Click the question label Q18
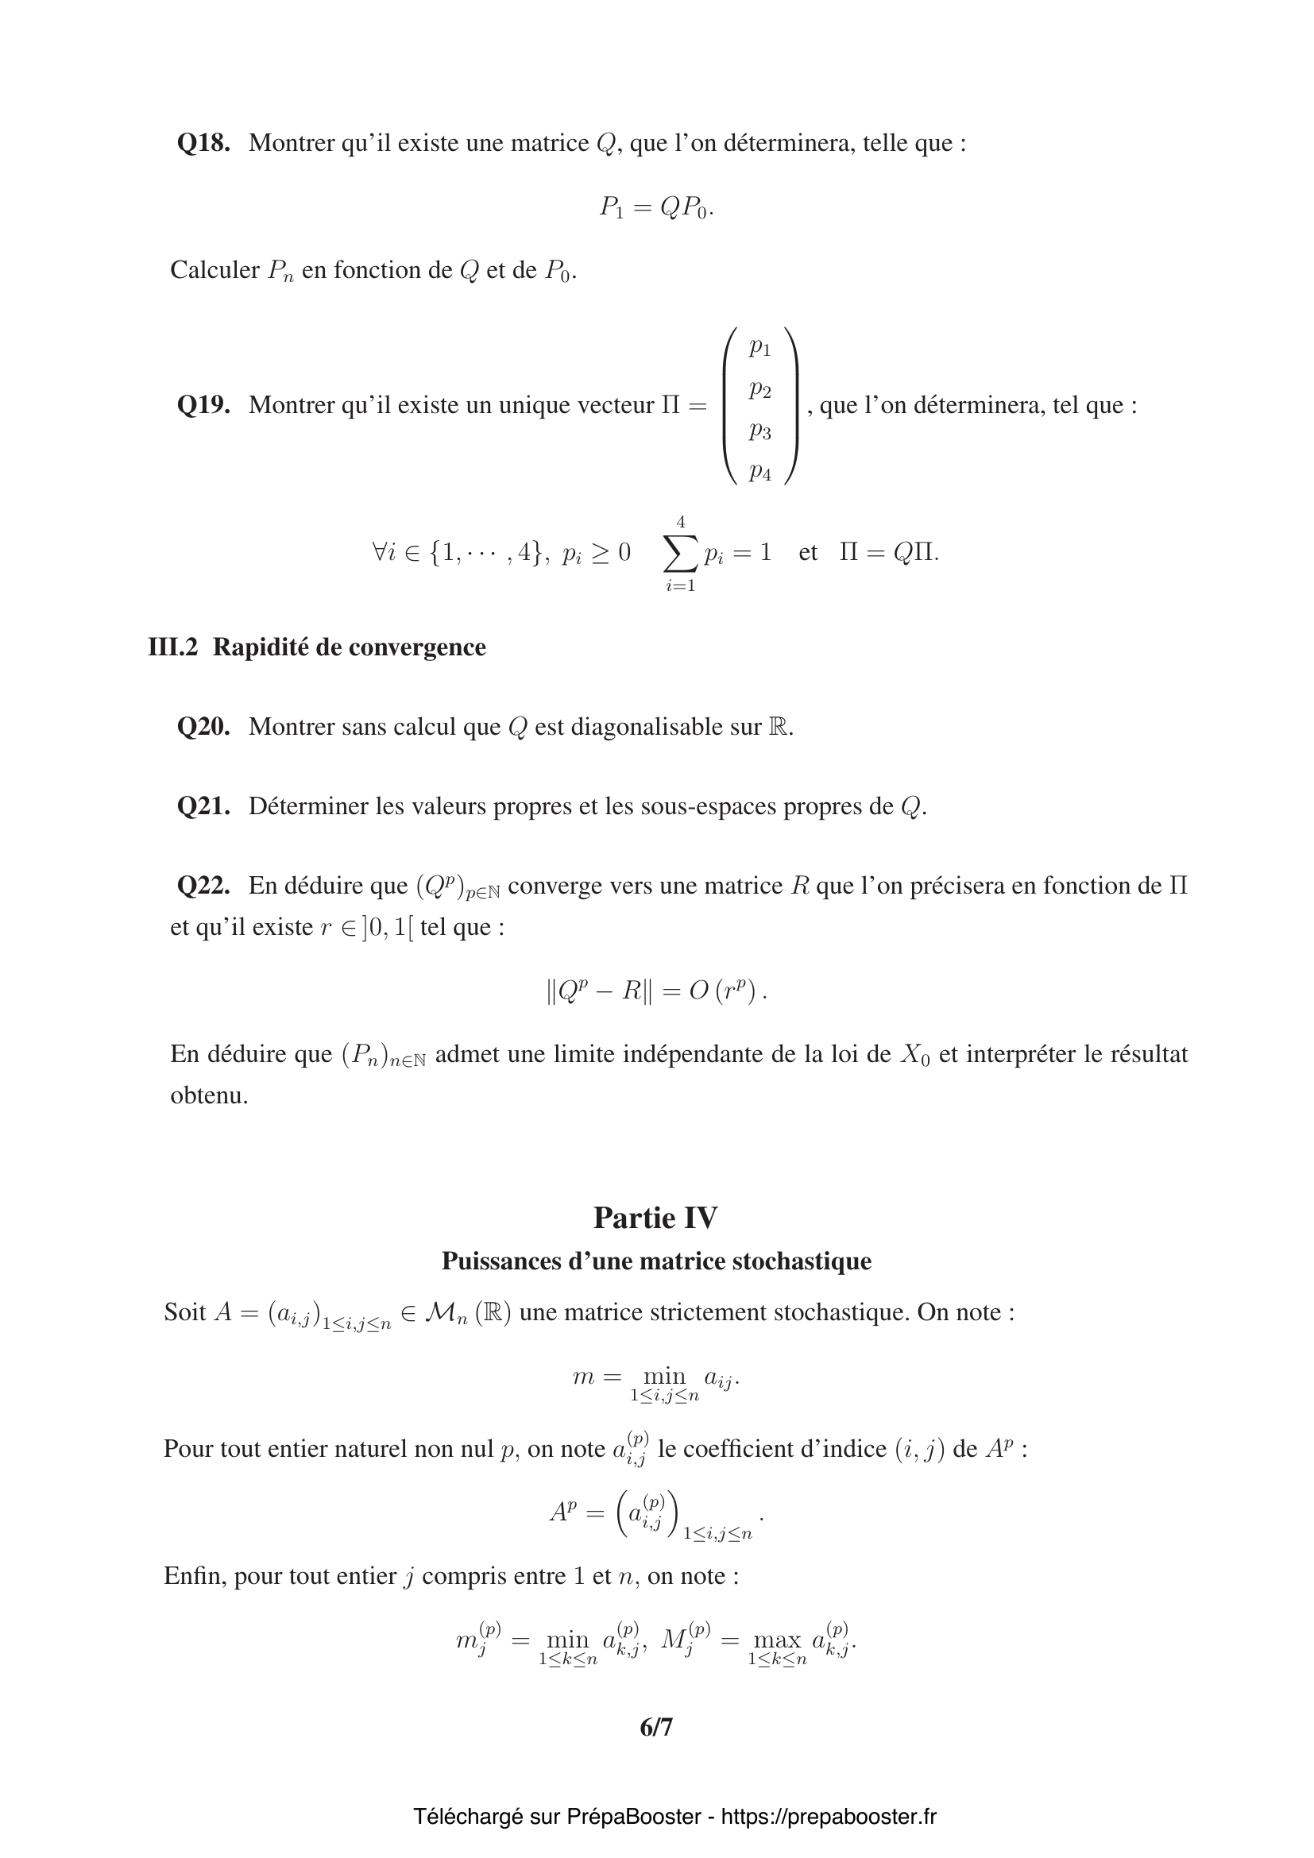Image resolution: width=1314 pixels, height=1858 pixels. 203,143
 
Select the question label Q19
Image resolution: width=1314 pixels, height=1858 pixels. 203,404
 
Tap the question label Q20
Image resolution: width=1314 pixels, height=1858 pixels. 203,727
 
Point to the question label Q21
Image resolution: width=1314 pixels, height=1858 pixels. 203,806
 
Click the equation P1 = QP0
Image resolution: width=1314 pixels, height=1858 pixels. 656,208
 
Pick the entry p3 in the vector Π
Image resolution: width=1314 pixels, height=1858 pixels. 759,431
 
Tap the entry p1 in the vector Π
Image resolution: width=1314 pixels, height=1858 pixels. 759,347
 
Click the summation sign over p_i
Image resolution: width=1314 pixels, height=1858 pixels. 681,553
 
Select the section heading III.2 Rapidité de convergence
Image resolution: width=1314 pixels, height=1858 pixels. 317,647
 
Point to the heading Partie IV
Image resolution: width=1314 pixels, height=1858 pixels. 655,1217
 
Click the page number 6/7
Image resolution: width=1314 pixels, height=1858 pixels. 656,1728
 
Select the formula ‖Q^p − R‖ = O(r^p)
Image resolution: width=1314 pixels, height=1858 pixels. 656,991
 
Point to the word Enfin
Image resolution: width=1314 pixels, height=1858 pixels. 195,1576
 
